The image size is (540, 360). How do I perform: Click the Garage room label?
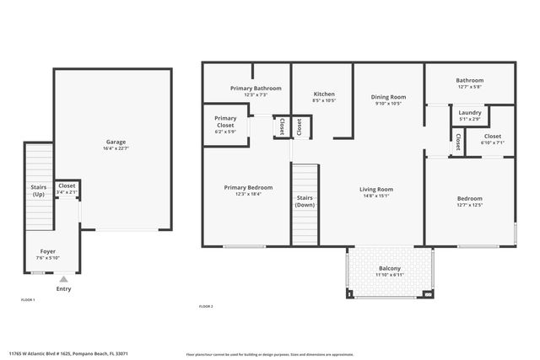(116, 142)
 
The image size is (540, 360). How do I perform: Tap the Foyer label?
(48, 251)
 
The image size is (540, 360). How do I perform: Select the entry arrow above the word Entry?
(63, 279)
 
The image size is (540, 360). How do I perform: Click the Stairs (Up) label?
(39, 191)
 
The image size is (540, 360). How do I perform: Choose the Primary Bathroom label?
(256, 88)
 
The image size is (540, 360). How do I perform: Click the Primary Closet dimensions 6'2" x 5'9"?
(225, 132)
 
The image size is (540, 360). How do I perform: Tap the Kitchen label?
(324, 94)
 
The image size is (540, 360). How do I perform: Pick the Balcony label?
(389, 269)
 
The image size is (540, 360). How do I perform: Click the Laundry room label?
(470, 112)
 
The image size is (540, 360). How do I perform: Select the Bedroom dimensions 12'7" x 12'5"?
(469, 205)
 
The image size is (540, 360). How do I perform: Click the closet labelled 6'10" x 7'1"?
(493, 139)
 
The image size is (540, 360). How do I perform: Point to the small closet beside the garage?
(67, 189)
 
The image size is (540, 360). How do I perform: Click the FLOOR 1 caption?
(28, 299)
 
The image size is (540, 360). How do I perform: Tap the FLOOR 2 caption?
(205, 306)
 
